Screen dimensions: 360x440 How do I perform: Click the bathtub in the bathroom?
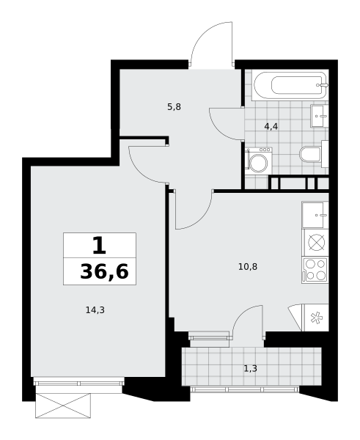click(x=290, y=85)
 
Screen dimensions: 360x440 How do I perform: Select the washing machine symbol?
click(x=258, y=161)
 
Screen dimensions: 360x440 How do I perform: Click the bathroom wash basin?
click(x=320, y=116)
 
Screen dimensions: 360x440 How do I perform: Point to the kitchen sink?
click(x=315, y=215)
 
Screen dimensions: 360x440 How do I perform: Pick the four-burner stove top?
click(x=315, y=270)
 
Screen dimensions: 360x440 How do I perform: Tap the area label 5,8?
click(x=174, y=107)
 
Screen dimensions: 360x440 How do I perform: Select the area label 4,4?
click(x=271, y=127)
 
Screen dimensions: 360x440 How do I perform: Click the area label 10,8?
click(x=248, y=267)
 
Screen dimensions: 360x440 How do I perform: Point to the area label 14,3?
click(x=95, y=310)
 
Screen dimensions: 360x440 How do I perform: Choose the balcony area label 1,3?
click(x=251, y=368)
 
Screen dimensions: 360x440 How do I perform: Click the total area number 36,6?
click(x=104, y=271)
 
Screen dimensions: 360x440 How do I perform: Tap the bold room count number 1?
click(x=99, y=245)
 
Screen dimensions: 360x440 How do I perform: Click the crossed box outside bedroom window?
click(x=63, y=406)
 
